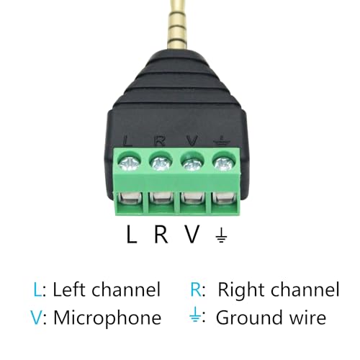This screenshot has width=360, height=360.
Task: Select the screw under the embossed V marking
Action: tap(192, 163)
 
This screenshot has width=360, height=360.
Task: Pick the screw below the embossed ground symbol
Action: tap(223, 163)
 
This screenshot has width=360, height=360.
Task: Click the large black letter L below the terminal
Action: tap(132, 234)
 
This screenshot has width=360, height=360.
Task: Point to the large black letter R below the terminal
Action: tap(161, 234)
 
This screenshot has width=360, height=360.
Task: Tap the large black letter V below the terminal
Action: tap(192, 234)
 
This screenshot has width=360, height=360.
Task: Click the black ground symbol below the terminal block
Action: tap(221, 235)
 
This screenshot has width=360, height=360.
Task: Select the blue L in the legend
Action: tap(37, 289)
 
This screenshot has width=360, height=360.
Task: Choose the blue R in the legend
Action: tap(196, 289)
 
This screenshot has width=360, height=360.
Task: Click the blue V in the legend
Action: tap(37, 318)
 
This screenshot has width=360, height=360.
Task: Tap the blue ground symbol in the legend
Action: tap(195, 315)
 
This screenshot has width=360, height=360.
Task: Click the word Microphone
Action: tap(107, 318)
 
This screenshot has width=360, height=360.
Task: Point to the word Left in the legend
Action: tap(70, 289)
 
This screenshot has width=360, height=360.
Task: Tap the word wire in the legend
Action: tap(308, 318)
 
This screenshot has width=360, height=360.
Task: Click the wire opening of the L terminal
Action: tap(130, 199)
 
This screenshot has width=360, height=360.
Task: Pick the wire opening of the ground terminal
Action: tap(223, 199)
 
